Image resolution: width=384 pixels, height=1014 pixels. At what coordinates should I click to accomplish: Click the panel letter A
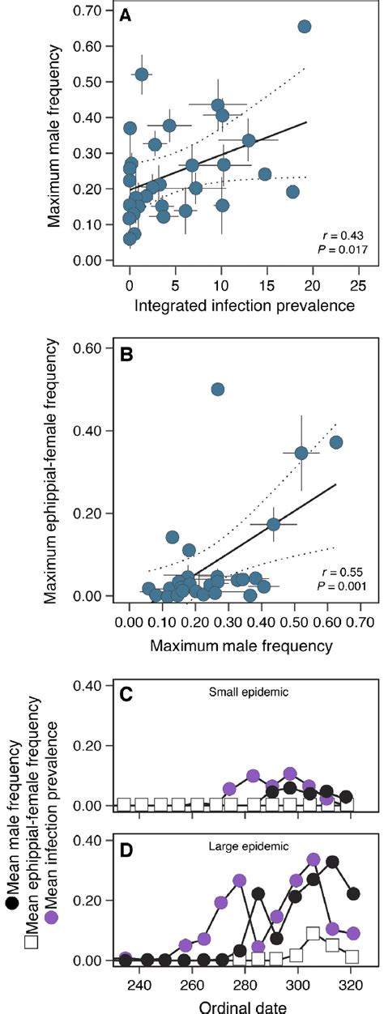click(125, 16)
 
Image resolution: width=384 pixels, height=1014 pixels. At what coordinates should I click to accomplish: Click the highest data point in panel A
click(305, 27)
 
